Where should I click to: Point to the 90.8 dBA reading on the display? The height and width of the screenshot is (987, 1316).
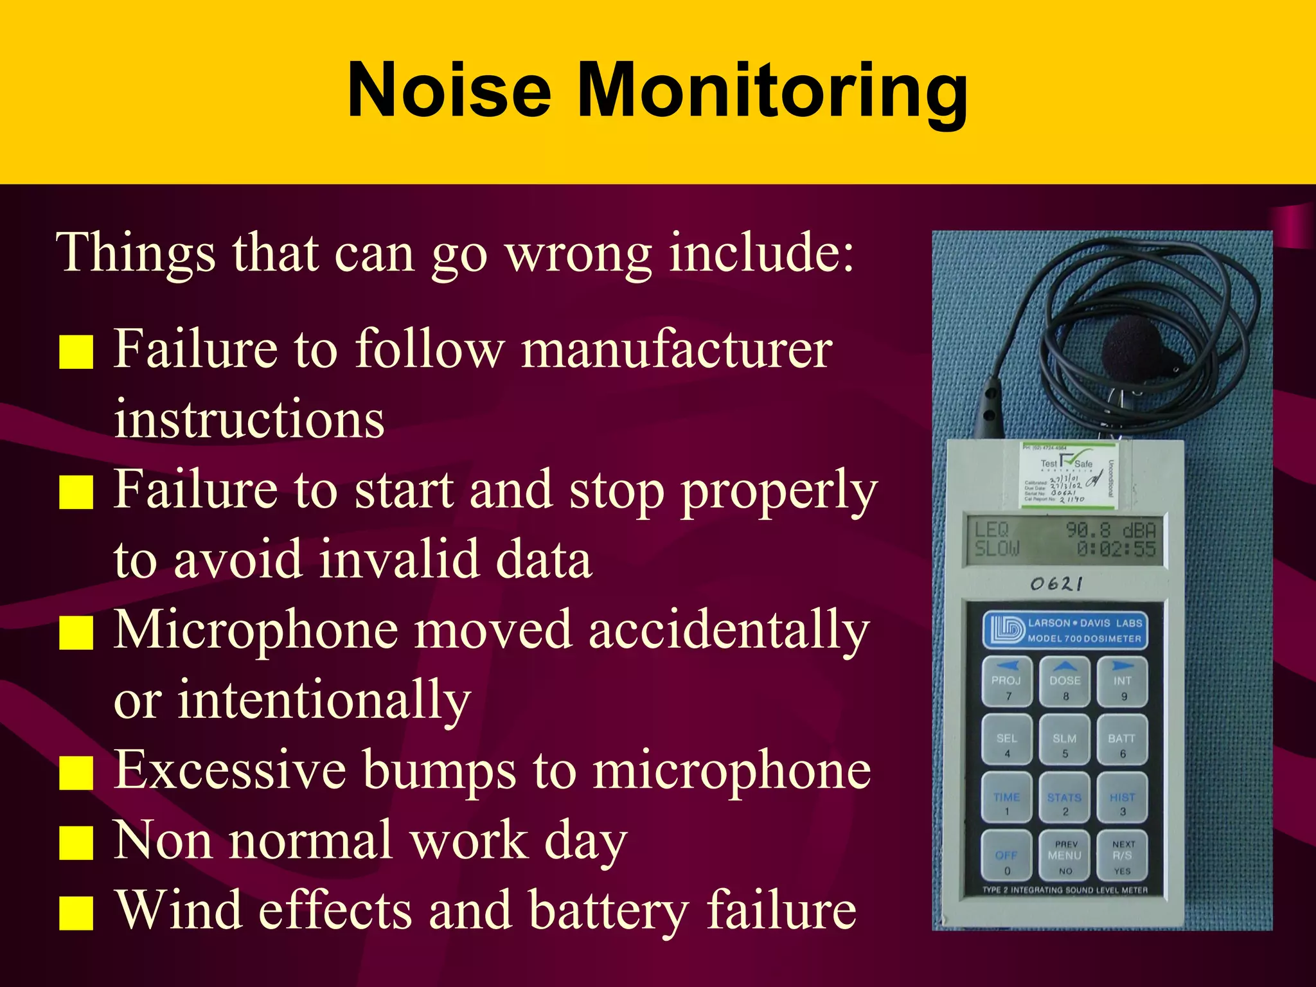coord(1110,530)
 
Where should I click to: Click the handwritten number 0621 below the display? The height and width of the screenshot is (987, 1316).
coord(1056,583)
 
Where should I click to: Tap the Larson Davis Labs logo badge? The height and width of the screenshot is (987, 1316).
coord(1064,630)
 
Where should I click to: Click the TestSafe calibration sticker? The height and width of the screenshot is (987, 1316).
coord(1069,475)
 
